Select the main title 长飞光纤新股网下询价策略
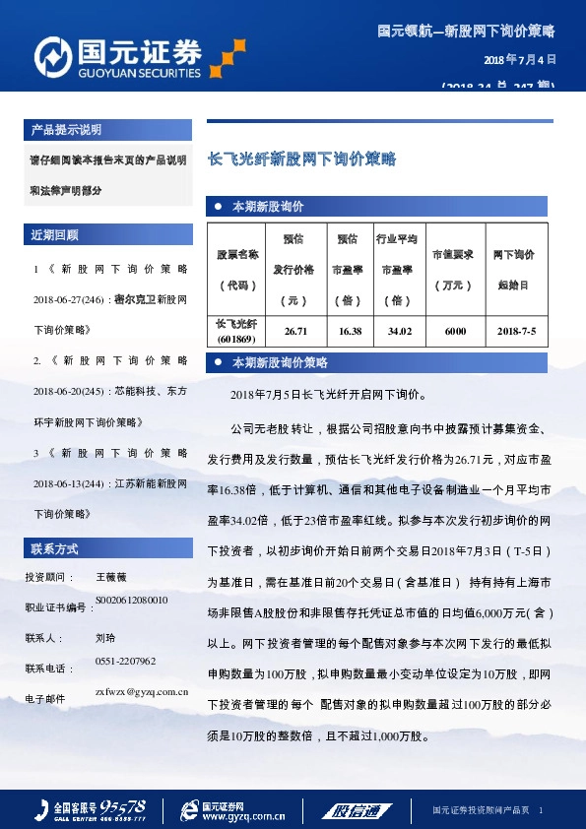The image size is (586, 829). point(300,158)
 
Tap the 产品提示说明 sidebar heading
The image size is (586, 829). point(66,130)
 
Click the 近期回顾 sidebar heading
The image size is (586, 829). point(55,235)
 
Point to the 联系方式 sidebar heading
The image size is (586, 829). point(55,547)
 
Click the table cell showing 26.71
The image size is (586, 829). point(296,332)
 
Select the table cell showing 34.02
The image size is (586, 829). point(400,332)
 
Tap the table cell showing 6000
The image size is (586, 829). point(455,332)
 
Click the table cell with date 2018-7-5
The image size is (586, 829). point(516,332)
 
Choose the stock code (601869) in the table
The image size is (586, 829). point(236,340)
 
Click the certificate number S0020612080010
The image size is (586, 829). point(132,600)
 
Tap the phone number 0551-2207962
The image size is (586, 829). point(126,661)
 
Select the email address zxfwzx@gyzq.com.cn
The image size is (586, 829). point(135,692)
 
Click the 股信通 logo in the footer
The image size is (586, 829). point(354,810)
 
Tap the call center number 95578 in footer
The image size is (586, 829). point(124,803)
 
